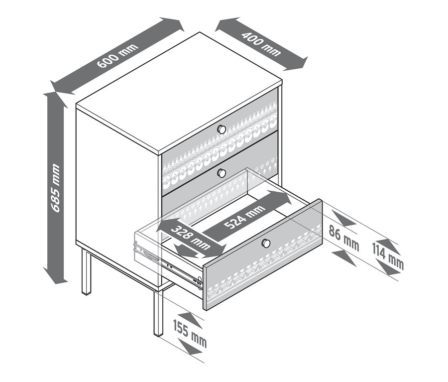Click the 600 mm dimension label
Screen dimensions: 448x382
117,56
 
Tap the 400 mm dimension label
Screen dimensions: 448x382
261,43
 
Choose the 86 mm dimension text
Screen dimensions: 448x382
343,238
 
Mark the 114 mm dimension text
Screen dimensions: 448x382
388,257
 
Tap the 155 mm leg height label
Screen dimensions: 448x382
190,333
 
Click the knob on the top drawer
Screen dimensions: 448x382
222,129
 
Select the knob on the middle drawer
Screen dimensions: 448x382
222,173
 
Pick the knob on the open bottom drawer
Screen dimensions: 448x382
266,243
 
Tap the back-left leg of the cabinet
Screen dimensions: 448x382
86,271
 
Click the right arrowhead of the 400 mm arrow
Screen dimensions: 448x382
297,63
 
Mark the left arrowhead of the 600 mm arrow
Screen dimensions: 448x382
61,87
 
